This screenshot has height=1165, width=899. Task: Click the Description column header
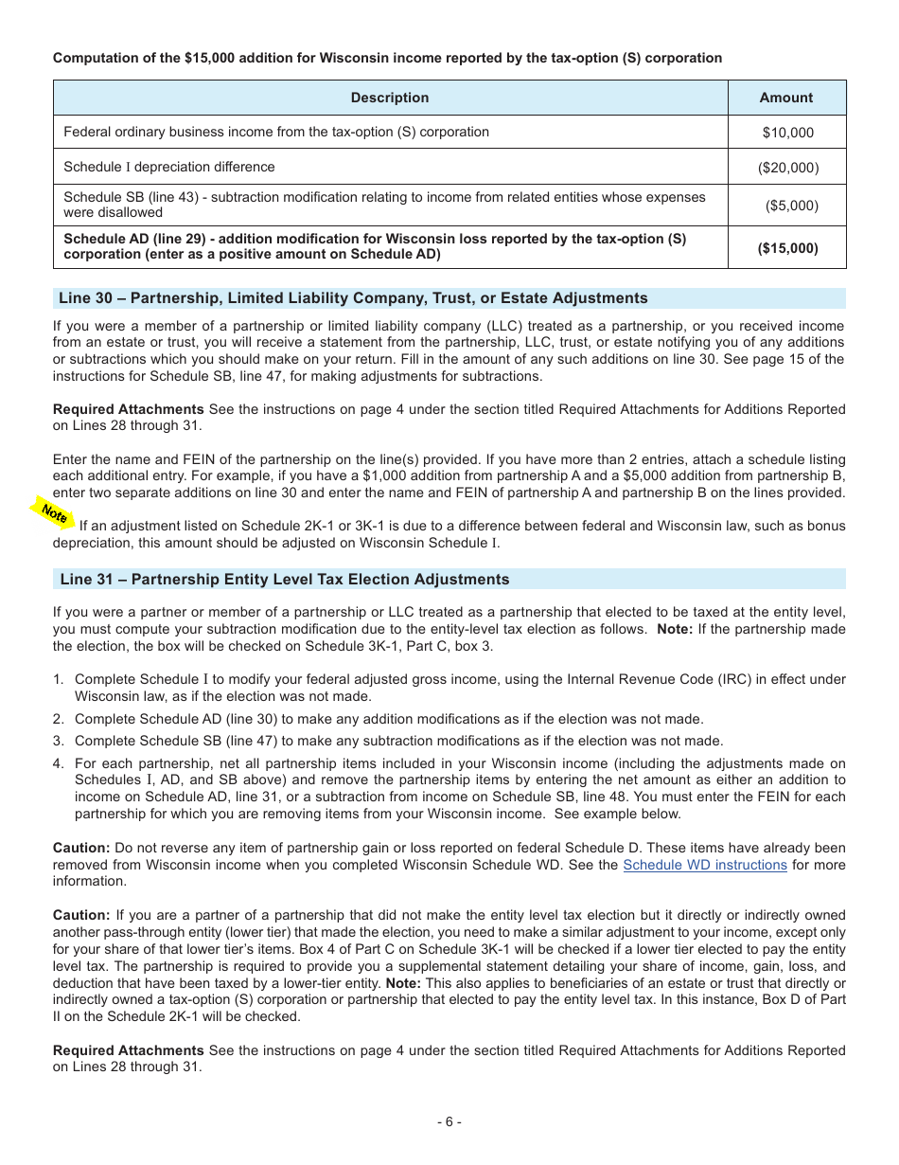pyautogui.click(x=389, y=98)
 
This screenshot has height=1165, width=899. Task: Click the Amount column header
pyautogui.click(x=785, y=98)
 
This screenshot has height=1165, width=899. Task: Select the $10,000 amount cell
pyautogui.click(x=787, y=133)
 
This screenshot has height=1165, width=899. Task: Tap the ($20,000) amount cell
pyautogui.click(x=787, y=168)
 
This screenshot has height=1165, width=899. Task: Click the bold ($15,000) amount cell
pyautogui.click(x=787, y=248)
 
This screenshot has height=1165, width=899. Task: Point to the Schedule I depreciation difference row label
pyautogui.click(x=169, y=167)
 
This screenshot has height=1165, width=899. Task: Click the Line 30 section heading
pyautogui.click(x=353, y=298)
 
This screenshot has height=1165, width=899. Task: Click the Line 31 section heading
pyautogui.click(x=284, y=580)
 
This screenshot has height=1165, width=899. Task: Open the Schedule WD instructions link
pyautogui.click(x=704, y=865)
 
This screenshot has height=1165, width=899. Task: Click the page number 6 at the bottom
pyautogui.click(x=449, y=1122)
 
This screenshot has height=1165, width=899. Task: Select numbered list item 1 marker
pyautogui.click(x=59, y=679)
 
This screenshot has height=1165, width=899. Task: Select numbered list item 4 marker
pyautogui.click(x=59, y=763)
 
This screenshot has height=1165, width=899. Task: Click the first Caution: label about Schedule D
pyautogui.click(x=81, y=848)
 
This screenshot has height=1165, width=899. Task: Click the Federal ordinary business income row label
pyautogui.click(x=275, y=132)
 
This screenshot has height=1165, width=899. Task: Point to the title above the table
pyautogui.click(x=387, y=58)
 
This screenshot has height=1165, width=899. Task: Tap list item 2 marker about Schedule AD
pyautogui.click(x=59, y=719)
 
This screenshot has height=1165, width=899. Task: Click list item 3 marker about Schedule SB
pyautogui.click(x=59, y=741)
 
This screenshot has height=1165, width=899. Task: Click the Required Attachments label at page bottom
pyautogui.click(x=128, y=1049)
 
